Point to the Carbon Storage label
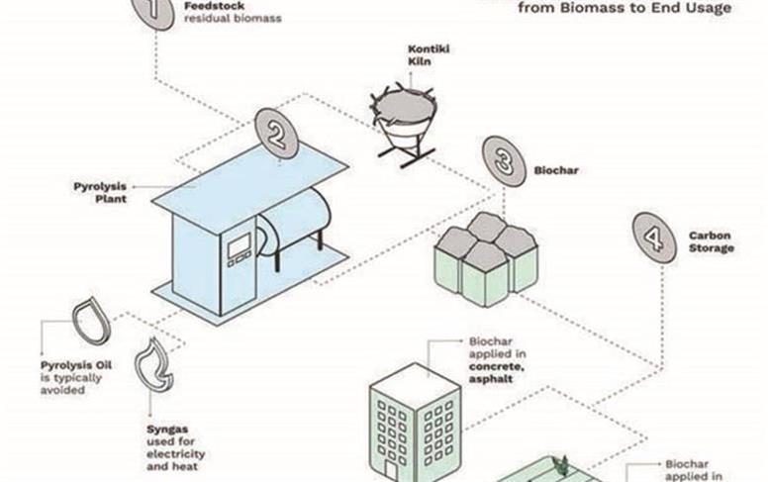coord(712,242)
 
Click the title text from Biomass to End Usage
coord(625,9)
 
